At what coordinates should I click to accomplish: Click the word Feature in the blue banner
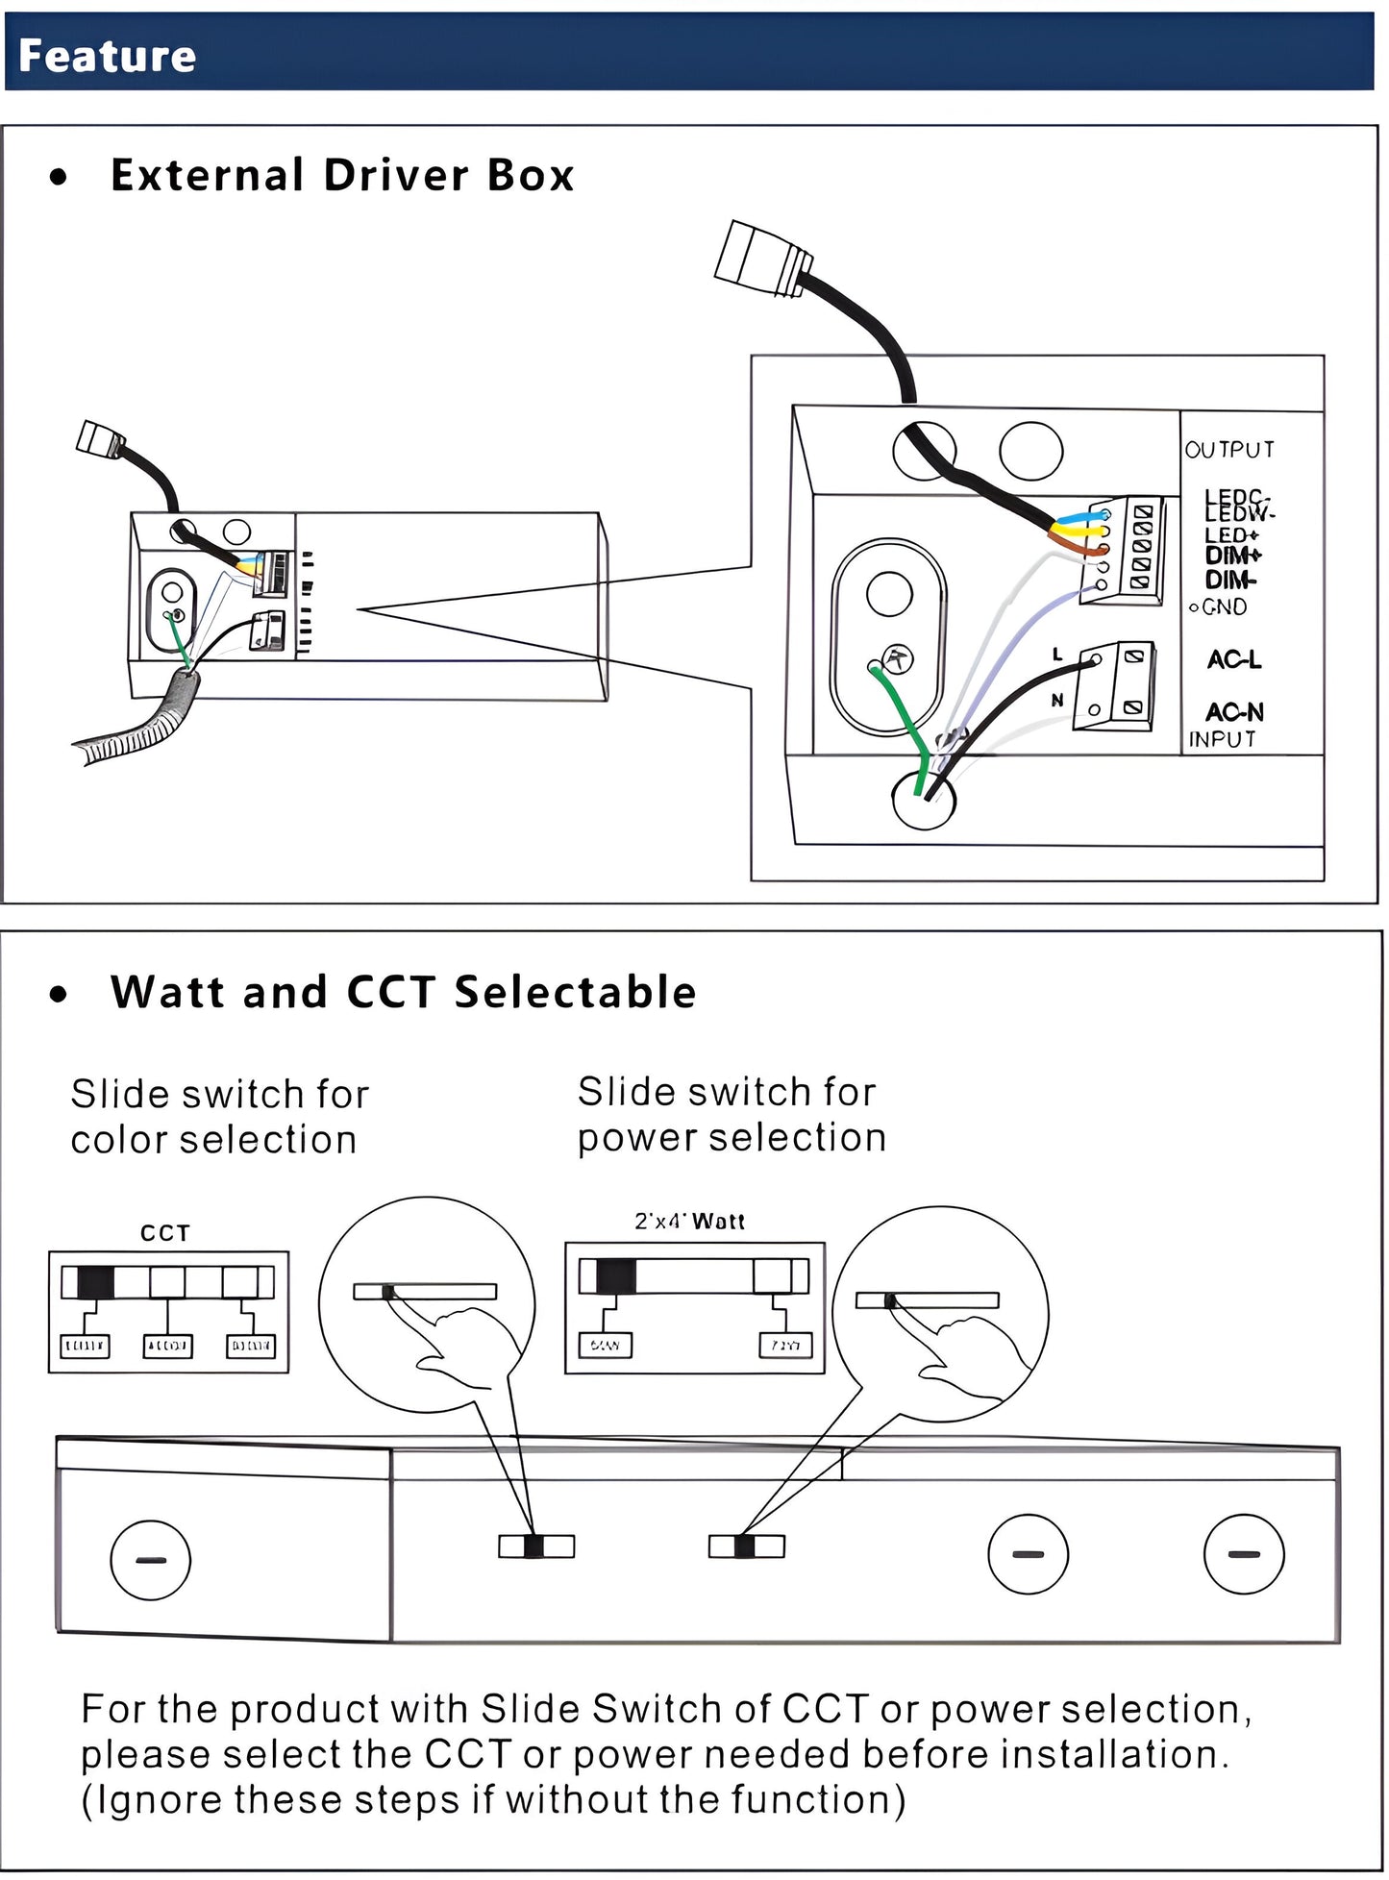(x=107, y=56)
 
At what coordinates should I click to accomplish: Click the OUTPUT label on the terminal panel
(x=1229, y=450)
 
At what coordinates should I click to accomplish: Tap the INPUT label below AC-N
(x=1222, y=739)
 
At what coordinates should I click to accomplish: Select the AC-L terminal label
(x=1233, y=660)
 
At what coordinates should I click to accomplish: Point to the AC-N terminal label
(x=1234, y=712)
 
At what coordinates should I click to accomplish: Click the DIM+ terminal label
(x=1232, y=556)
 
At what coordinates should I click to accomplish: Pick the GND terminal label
(x=1224, y=606)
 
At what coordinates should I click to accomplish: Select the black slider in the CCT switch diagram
(x=95, y=1282)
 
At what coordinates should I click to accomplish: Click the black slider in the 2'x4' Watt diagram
(x=615, y=1275)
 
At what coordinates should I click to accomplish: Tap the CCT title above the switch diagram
(x=165, y=1233)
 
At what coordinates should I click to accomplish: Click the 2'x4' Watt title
(x=689, y=1222)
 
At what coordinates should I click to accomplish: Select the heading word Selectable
(x=575, y=992)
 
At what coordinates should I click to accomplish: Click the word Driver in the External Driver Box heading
(x=396, y=175)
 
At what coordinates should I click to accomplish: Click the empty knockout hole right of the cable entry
(x=1030, y=450)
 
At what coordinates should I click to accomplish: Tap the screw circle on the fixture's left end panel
(x=151, y=1559)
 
